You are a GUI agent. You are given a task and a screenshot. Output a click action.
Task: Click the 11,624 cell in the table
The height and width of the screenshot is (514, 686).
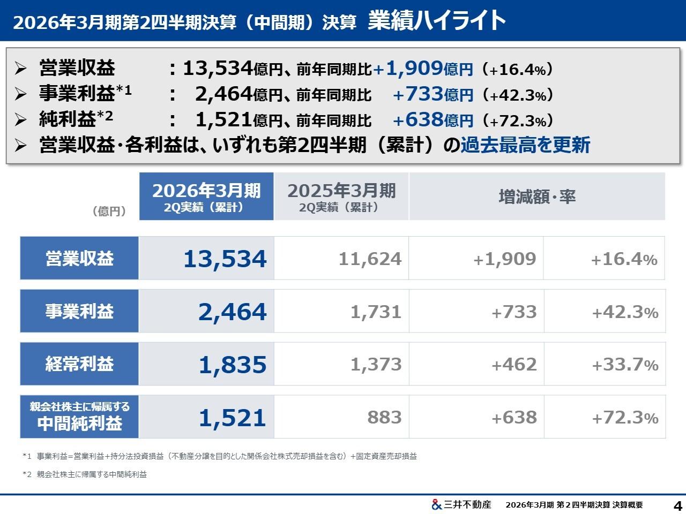pos(370,259)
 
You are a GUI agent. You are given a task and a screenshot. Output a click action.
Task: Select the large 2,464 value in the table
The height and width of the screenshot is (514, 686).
pos(232,312)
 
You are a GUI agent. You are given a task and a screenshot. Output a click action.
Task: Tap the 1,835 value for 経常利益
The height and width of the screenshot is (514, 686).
pos(232,365)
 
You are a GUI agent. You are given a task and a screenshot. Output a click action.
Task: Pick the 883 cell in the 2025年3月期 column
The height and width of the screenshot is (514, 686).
pos(384,418)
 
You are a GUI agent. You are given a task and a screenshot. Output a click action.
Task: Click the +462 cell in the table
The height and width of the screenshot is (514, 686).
pos(513,365)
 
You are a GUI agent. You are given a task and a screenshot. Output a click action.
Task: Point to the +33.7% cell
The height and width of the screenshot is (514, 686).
pos(624,365)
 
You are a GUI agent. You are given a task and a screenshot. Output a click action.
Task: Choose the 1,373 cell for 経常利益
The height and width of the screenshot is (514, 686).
pos(376,365)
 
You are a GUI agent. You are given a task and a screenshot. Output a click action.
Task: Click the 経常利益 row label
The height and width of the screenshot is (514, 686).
pos(79,364)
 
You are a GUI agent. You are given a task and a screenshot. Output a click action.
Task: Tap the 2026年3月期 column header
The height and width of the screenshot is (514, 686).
pos(206,196)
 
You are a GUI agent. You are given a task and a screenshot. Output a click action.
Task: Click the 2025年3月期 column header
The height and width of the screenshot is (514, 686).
pos(341,196)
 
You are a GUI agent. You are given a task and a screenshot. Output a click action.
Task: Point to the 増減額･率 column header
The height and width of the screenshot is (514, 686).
pos(537,196)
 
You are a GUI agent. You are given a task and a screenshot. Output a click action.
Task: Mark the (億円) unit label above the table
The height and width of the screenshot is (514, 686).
pos(109,211)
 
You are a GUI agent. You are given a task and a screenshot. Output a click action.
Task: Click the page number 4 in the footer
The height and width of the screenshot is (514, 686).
pos(677,505)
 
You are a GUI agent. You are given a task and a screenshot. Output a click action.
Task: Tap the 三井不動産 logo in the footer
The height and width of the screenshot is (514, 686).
pos(461,504)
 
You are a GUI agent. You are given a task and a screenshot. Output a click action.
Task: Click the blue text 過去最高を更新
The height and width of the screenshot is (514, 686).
pos(525,145)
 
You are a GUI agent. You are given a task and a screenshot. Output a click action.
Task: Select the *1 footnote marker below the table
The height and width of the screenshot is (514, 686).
pos(27,457)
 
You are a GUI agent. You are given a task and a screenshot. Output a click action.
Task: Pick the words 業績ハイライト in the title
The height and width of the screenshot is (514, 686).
pos(437,20)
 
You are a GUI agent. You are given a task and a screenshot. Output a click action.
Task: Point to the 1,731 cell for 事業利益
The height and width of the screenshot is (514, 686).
pos(376,312)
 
